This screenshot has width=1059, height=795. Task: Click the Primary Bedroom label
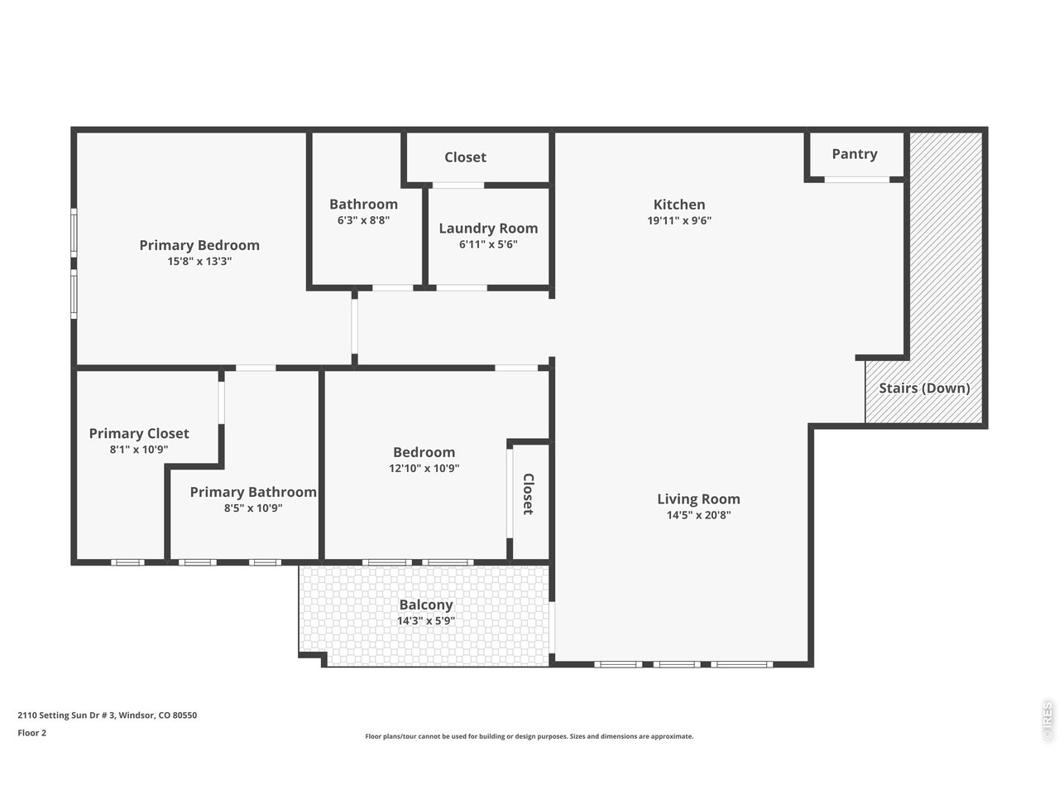199,245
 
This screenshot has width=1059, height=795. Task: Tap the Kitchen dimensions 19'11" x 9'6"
679,221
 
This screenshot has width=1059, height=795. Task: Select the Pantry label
855,154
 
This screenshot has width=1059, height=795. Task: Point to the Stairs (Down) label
924,388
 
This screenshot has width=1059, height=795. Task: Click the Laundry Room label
488,229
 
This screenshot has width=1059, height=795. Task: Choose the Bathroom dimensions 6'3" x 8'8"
363,221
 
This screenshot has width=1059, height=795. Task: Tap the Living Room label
698,499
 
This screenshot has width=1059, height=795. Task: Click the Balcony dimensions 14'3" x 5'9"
426,621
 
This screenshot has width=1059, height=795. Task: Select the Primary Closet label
139,433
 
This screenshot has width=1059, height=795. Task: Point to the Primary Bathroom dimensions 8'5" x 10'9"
253,508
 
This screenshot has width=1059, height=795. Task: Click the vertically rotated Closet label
528,494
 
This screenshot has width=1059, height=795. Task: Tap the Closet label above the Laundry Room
465,157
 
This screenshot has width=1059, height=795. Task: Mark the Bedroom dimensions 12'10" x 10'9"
424,469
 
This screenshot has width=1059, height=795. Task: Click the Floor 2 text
32,733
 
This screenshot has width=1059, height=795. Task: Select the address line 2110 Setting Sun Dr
108,715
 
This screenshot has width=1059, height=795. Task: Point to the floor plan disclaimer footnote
529,736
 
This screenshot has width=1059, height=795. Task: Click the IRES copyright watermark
1047,721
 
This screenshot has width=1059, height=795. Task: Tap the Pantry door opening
856,179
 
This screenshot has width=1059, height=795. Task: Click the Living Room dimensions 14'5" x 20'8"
699,515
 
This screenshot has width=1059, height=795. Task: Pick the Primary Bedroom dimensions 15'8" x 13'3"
199,262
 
